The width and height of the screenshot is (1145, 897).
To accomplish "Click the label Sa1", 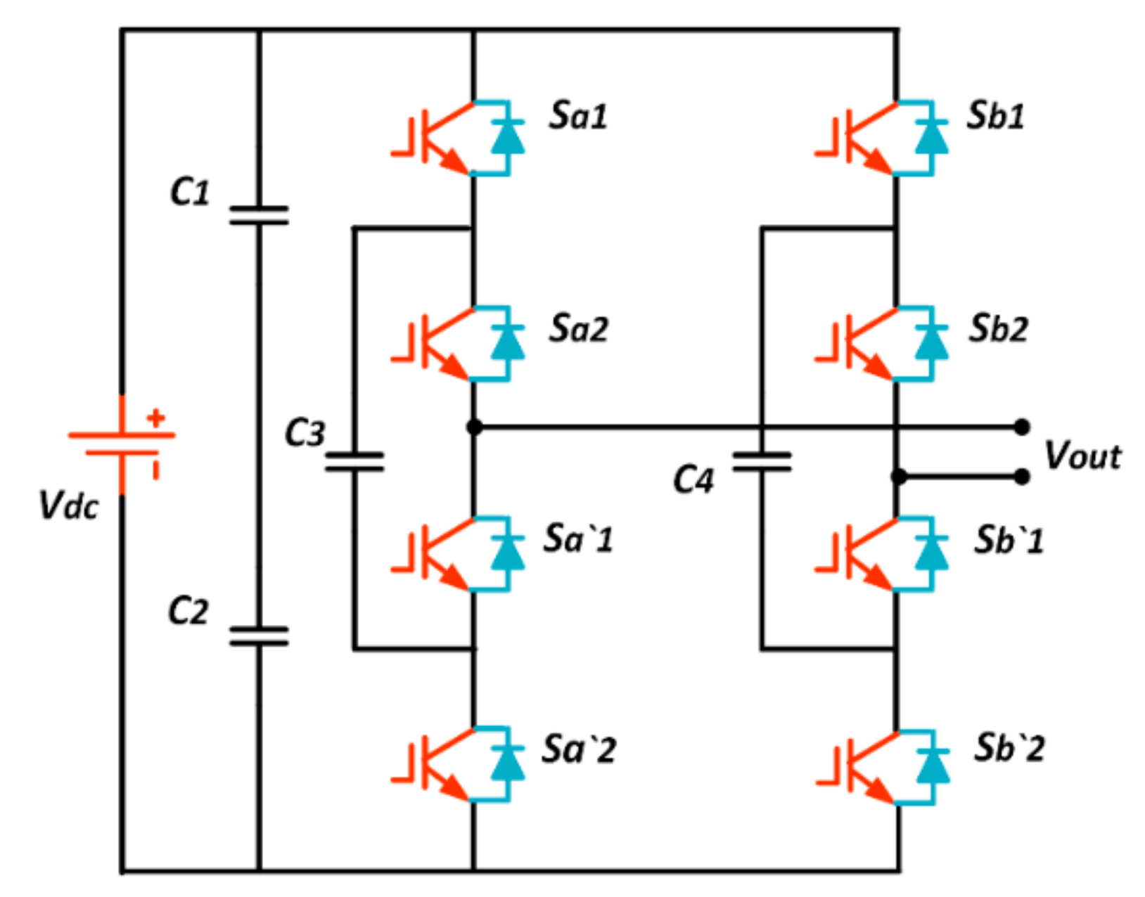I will [578, 115].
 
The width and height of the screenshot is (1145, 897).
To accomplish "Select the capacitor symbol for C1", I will [259, 215].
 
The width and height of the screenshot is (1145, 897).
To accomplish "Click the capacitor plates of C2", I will [259, 635].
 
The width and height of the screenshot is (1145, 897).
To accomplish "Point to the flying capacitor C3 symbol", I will [354, 462].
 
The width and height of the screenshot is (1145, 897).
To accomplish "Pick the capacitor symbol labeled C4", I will [762, 462].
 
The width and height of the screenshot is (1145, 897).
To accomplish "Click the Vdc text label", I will [68, 505].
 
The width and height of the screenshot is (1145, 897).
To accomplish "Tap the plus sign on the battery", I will [156, 419].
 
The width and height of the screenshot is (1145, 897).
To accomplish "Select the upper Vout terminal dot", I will [1022, 427].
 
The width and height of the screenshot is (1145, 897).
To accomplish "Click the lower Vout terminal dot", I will [1022, 477].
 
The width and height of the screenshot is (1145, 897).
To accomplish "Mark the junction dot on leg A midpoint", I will [474, 427].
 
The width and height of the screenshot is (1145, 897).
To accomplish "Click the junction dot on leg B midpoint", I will [898, 477].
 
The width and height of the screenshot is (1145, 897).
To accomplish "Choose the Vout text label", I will [1082, 456].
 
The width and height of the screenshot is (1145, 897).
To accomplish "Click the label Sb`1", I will [1009, 541].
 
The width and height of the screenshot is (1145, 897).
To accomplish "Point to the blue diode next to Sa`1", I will [507, 553].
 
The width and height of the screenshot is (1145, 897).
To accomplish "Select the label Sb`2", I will [1009, 748].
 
